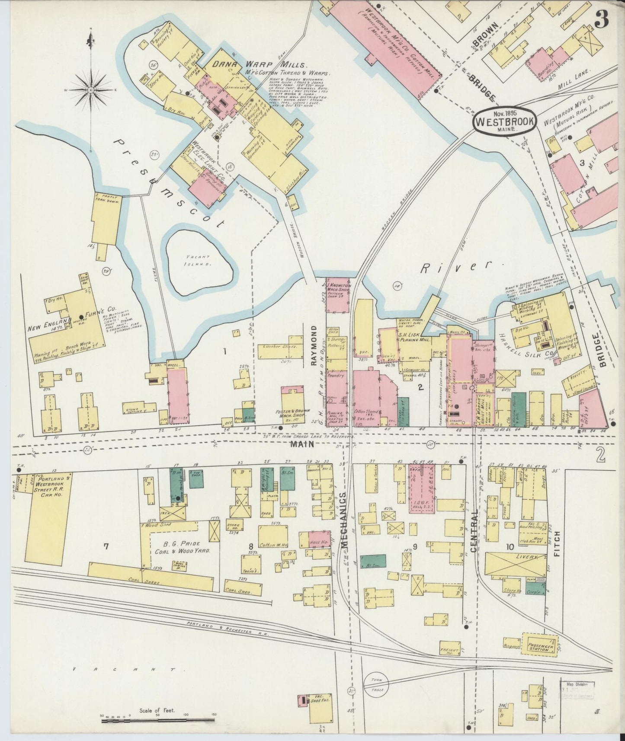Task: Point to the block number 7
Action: (106, 546)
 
